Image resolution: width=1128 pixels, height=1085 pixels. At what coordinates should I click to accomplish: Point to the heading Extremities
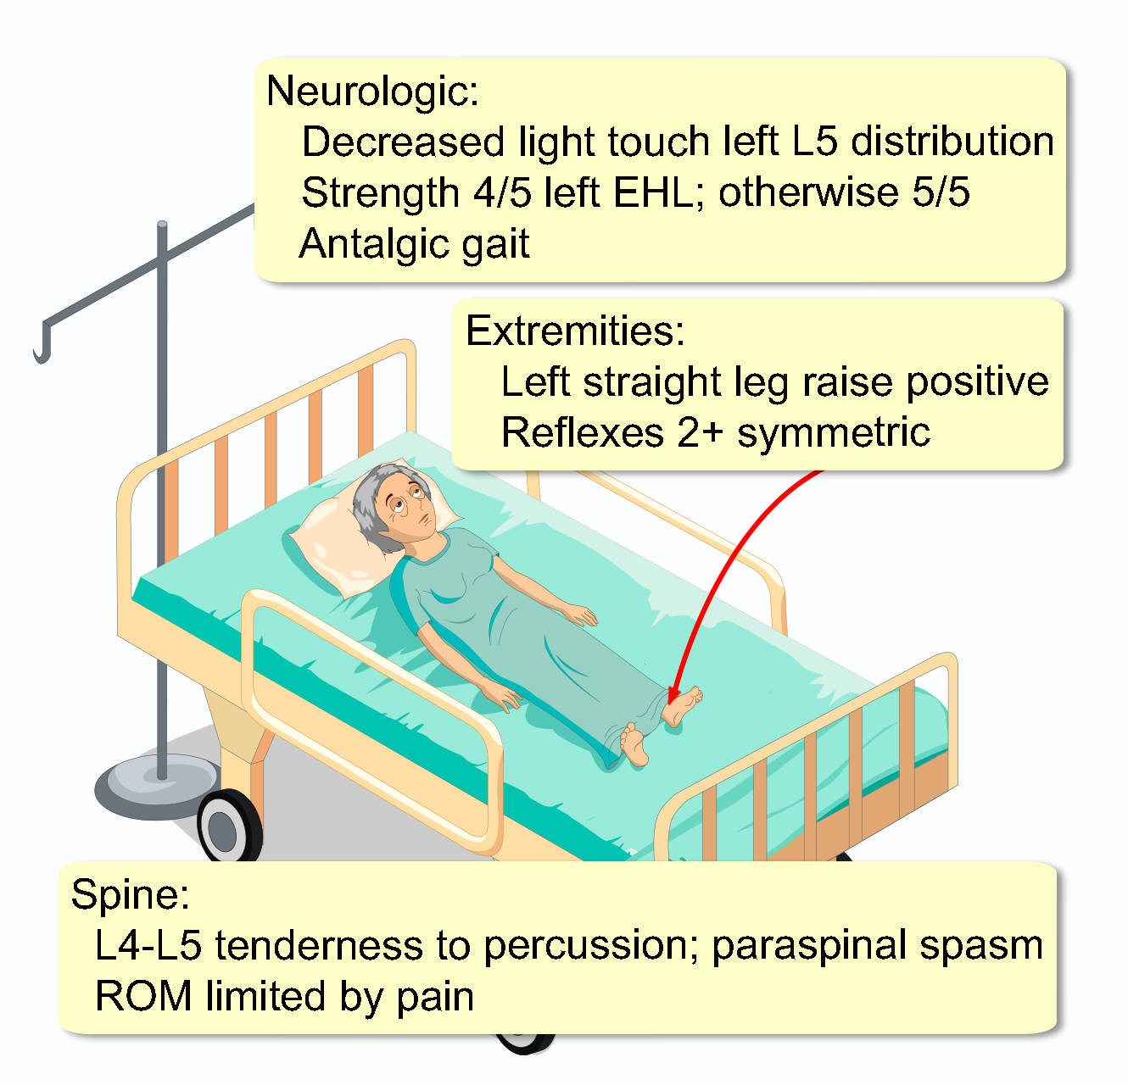[574, 331]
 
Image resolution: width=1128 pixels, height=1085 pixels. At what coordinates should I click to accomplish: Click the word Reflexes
[582, 432]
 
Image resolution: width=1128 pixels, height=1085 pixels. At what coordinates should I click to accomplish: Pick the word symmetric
[833, 432]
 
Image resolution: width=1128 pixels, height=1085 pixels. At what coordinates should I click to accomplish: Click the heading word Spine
[130, 894]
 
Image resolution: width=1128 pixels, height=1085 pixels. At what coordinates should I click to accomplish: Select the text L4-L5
[148, 945]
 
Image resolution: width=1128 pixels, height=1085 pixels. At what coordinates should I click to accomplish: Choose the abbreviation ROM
[142, 996]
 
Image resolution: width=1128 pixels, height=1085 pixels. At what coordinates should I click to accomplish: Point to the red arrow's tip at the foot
[673, 701]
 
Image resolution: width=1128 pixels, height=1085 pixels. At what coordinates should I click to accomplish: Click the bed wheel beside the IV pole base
[227, 826]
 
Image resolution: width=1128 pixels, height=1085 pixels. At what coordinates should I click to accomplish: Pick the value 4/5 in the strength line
[502, 192]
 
